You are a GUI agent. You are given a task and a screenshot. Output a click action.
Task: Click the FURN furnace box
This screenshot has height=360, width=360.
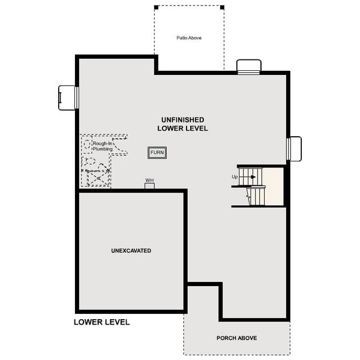[157, 152]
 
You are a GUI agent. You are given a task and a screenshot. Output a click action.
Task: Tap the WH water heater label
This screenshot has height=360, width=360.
[149, 180]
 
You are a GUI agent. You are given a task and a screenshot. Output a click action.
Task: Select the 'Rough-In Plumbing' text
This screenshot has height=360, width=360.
[103, 146]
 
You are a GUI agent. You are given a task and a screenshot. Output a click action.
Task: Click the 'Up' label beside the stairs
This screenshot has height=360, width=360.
[235, 177]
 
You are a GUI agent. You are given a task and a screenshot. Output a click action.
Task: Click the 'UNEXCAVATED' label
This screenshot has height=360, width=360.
[131, 250]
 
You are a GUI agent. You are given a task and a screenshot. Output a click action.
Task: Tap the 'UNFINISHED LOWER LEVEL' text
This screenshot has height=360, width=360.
[182, 124]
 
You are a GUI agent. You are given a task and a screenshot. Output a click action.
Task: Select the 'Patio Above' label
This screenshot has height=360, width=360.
[189, 38]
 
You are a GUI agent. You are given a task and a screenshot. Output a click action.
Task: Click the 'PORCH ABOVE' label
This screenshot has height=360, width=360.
[236, 338]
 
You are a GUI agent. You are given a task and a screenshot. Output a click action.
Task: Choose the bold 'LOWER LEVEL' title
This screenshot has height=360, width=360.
[101, 322]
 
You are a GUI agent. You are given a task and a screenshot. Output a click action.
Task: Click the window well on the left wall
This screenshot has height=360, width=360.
[67, 97]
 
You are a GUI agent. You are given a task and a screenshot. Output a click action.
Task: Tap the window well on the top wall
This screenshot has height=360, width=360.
[248, 67]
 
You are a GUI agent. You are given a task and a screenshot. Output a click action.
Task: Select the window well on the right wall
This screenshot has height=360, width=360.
[294, 149]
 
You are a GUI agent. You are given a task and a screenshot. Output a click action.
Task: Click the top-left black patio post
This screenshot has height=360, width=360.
[156, 7]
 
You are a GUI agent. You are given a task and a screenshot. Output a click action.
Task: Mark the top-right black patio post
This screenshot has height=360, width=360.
[222, 7]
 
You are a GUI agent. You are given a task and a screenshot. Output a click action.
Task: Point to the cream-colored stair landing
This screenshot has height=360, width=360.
[274, 187]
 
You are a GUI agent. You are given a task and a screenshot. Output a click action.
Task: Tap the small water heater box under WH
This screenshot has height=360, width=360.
[149, 186]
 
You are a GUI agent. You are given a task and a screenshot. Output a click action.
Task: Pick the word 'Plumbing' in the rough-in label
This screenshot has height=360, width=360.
[103, 149]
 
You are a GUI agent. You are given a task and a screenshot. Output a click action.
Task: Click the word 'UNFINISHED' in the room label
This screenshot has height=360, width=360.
[182, 120]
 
